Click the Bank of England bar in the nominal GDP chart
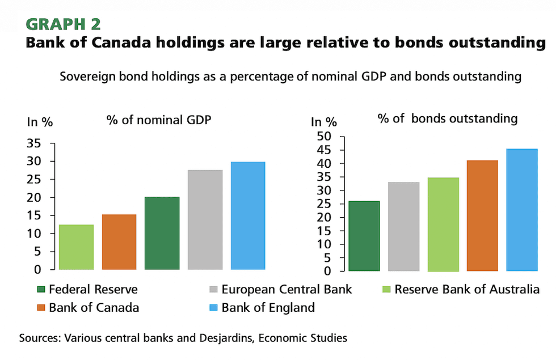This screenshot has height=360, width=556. coord(248,215)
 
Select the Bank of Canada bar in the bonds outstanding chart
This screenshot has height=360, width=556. coord(482,215)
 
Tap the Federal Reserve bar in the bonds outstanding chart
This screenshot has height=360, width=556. coord(364,236)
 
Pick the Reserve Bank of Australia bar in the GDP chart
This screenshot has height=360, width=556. coord(76,247)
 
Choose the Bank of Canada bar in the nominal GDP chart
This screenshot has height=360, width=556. coord(119,242)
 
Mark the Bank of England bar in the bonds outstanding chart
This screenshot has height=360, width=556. coord(521,210)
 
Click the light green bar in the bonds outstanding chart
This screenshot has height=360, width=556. coord(443,224)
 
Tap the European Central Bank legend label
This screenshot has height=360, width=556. coord(287,290)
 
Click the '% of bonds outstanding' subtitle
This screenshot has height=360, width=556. coord(448,118)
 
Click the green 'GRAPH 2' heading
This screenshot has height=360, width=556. coord(63,24)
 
